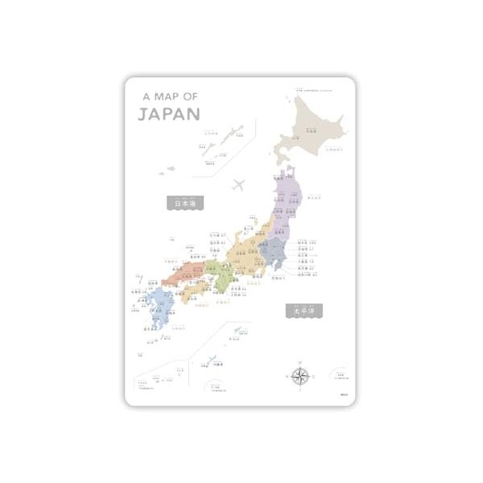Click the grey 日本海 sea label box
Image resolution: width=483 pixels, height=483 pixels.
point(184,204)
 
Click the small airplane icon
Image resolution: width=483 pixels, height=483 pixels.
point(239,185)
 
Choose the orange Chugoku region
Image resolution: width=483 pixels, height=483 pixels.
point(181,275)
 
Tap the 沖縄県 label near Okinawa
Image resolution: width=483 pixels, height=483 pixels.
point(218,365)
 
